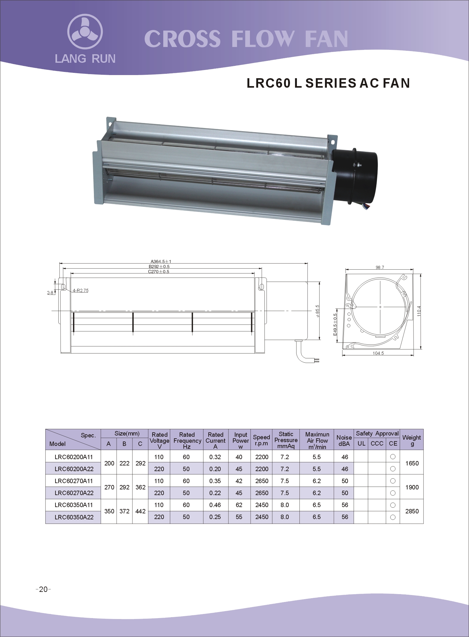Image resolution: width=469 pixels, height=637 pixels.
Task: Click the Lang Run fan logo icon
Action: pyautogui.click(x=85, y=32)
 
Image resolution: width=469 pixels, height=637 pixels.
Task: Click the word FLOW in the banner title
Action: pyautogui.click(x=262, y=39)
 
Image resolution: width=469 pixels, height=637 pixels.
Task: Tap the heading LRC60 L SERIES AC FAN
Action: pyautogui.click(x=328, y=83)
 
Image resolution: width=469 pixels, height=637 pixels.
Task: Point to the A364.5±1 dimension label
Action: pyautogui.click(x=161, y=261)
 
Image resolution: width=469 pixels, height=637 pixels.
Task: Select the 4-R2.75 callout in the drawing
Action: pyautogui.click(x=81, y=290)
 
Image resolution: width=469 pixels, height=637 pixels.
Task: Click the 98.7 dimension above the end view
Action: pyautogui.click(x=380, y=267)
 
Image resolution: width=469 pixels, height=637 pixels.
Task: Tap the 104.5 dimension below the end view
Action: pyautogui.click(x=378, y=353)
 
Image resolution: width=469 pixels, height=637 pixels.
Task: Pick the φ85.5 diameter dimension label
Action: pyautogui.click(x=317, y=311)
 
